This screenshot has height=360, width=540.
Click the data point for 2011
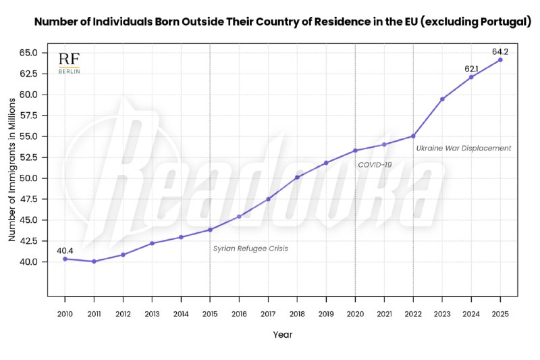(x=94, y=261)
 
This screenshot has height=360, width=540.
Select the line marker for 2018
(x=297, y=177)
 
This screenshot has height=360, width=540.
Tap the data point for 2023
(x=442, y=99)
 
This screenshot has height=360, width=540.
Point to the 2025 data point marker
(x=500, y=59)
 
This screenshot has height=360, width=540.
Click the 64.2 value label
(x=500, y=49)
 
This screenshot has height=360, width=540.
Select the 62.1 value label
(x=472, y=69)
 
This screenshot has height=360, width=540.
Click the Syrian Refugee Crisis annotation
(x=250, y=249)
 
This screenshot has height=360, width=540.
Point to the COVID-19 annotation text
(x=375, y=164)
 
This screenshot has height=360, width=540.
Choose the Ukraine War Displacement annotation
(x=463, y=148)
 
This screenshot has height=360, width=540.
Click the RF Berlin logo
(x=69, y=63)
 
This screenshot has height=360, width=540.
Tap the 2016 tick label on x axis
(x=239, y=313)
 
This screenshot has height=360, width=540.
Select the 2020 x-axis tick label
(x=355, y=313)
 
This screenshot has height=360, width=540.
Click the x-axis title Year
(x=283, y=334)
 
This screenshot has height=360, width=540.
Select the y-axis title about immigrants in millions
(x=12, y=170)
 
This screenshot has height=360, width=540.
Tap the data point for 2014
(x=181, y=237)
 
